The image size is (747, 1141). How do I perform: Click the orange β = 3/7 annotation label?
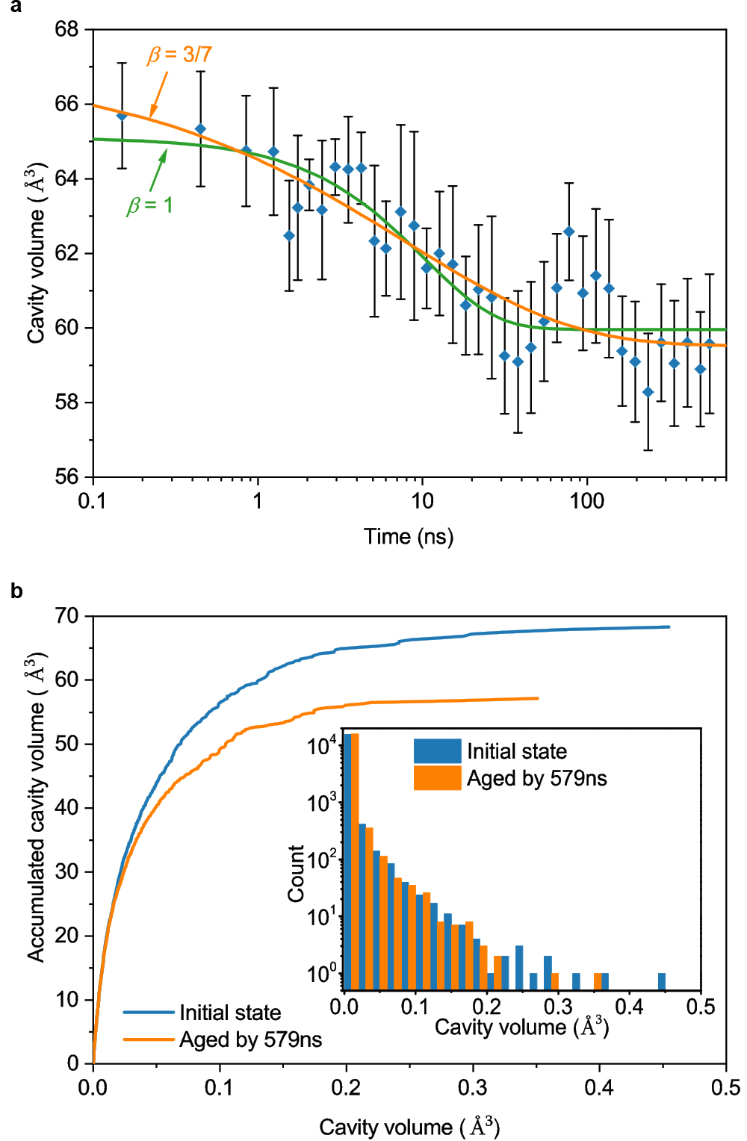(179, 55)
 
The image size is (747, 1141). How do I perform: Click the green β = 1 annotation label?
(149, 205)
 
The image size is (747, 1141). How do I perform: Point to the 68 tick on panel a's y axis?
(66, 30)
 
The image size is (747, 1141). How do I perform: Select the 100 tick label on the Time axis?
(587, 501)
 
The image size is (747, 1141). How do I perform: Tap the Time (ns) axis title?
(409, 536)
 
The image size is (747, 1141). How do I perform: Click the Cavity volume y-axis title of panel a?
(37, 253)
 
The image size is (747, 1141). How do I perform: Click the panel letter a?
(16, 7)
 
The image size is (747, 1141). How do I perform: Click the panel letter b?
(16, 591)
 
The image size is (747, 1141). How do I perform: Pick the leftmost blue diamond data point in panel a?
(122, 116)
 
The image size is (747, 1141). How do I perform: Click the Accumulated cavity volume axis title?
(37, 806)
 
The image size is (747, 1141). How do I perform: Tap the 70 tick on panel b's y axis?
(66, 616)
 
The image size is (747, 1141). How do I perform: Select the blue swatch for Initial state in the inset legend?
(437, 751)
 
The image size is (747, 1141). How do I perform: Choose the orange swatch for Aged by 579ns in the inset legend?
(437, 778)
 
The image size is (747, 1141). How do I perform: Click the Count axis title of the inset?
(296, 873)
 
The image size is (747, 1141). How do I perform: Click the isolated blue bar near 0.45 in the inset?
(662, 981)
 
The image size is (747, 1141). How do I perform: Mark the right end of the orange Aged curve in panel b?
(538, 698)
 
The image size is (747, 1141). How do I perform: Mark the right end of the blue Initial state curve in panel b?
(669, 627)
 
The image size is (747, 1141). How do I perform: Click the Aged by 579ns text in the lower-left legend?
(251, 1039)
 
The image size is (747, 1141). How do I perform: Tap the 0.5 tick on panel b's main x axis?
(725, 1087)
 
